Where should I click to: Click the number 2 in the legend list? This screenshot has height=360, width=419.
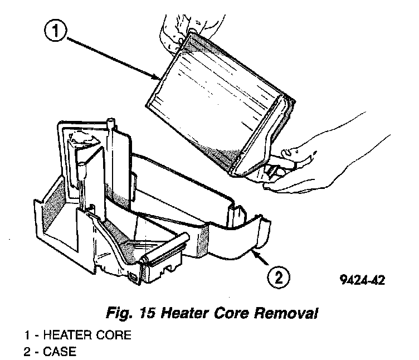[27, 352]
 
